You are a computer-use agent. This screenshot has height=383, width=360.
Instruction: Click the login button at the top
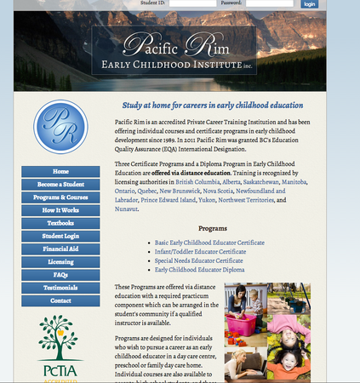coord(309,4)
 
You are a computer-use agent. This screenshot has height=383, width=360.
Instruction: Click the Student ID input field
coord(191,4)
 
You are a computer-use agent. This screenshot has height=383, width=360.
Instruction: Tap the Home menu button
coord(60,171)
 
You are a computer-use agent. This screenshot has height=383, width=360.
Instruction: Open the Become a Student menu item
coord(60,185)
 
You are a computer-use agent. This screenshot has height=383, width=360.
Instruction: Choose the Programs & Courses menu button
coord(60,197)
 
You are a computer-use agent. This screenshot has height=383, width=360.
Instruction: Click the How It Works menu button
coord(60,210)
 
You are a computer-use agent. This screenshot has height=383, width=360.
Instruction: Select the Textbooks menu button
coord(60,223)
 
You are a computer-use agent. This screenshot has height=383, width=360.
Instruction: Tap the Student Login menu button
coord(60,236)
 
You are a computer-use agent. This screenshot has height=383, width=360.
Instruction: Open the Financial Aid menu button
coord(60,249)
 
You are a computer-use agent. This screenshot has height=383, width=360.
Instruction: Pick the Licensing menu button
coord(60,262)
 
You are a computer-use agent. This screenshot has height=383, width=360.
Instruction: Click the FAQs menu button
coord(60,275)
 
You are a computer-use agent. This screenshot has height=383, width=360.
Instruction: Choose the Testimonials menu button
coord(60,288)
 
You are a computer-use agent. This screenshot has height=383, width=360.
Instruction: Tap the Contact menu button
coord(60,300)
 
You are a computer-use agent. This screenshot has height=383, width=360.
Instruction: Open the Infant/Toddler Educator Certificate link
coord(196,252)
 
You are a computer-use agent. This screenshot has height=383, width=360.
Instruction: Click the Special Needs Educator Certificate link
coord(197,260)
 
